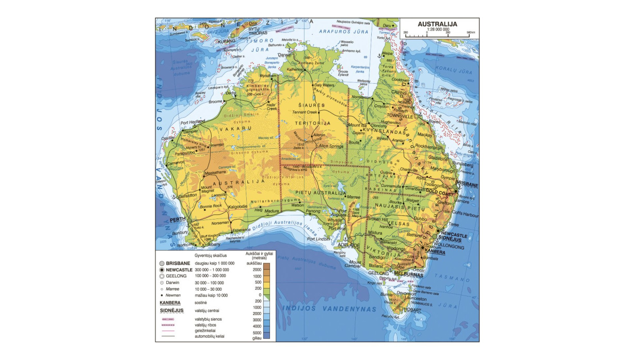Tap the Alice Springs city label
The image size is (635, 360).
tap(330, 146)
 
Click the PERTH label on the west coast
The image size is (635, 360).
tap(178, 220)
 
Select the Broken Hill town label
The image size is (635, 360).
tap(377, 219)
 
